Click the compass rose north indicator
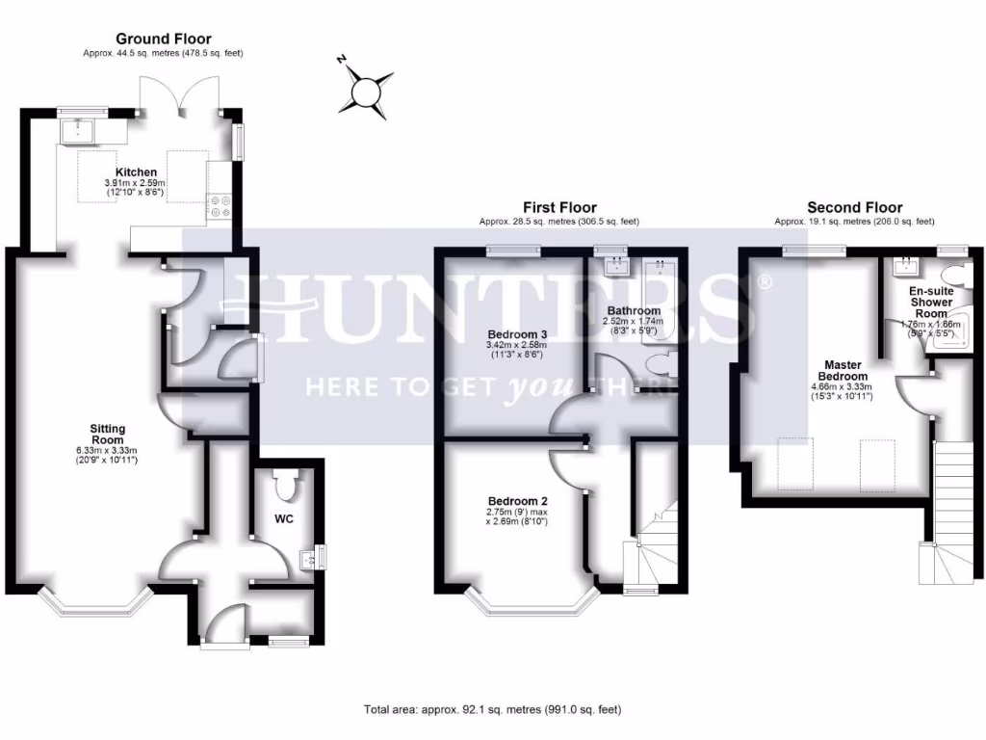pyautogui.click(x=367, y=91)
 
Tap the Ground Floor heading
pyautogui.click(x=163, y=39)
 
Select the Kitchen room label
pyautogui.click(x=136, y=172)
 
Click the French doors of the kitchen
pyautogui.click(x=180, y=96)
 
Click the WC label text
pyautogui.click(x=283, y=519)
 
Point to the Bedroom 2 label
pyautogui.click(x=517, y=502)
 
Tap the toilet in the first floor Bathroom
pyautogui.click(x=661, y=363)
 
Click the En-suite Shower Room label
pyautogui.click(x=931, y=302)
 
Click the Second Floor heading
pyautogui.click(x=854, y=207)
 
